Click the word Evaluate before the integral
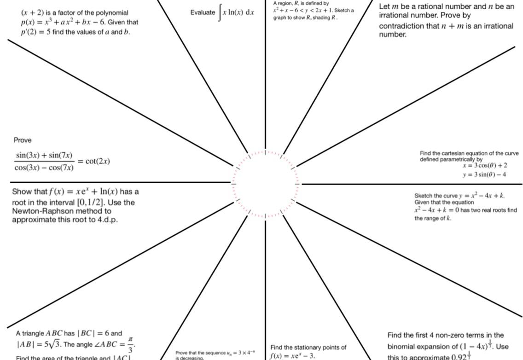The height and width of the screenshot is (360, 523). point(203,12)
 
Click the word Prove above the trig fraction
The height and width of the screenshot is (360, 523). point(23,140)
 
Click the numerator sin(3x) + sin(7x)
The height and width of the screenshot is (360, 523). point(44,155)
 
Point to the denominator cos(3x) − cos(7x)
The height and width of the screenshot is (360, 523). point(44,168)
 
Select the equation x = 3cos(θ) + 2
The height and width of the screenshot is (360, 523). point(485,166)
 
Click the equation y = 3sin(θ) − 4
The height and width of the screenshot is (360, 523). point(485,174)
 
